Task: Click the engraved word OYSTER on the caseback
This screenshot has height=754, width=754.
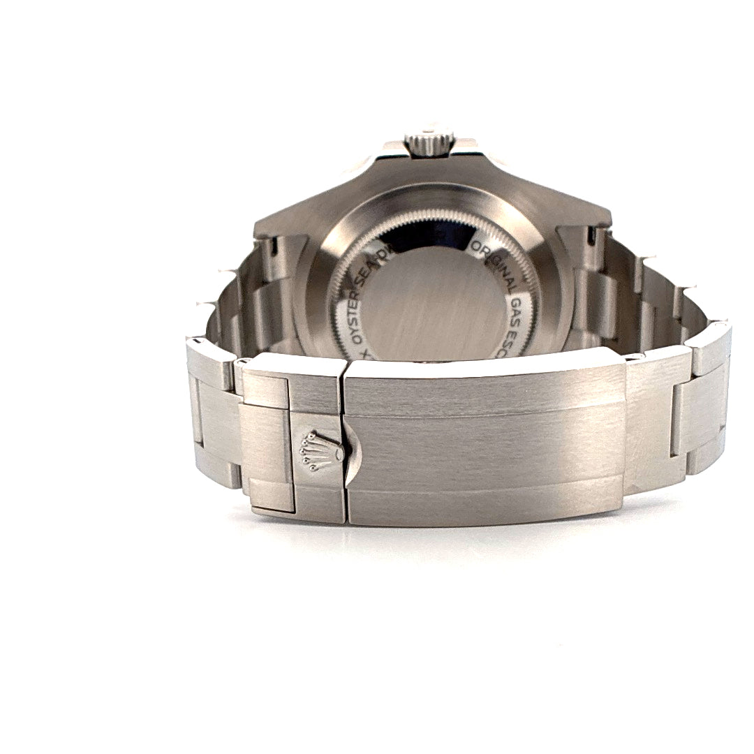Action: coord(357,297)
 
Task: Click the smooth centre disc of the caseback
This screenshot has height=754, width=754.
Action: coord(433,300)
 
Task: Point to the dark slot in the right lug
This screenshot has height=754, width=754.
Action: coord(590,237)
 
